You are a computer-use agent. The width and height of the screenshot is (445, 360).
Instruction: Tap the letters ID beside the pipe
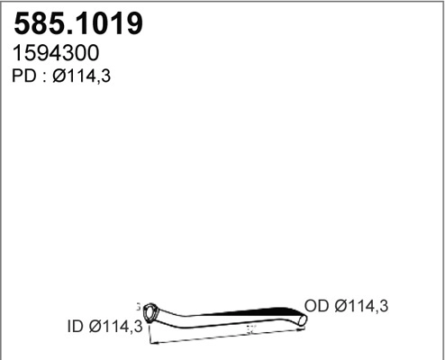click(77, 327)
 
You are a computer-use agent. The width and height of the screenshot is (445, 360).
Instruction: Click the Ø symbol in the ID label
click(96, 327)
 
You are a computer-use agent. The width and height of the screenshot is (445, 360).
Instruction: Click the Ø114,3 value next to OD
click(363, 307)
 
